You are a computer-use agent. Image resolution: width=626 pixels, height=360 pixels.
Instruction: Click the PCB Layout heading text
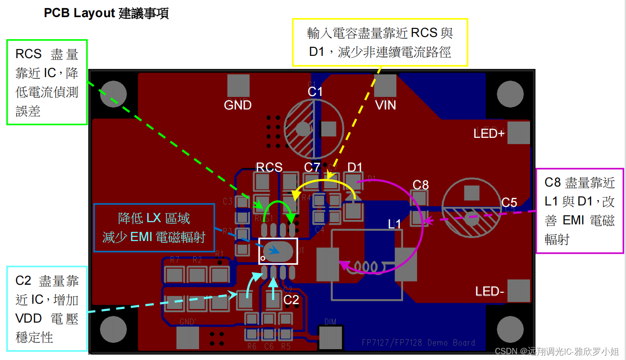pos(106,14)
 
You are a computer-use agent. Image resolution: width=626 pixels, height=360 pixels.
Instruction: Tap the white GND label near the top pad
pos(238,105)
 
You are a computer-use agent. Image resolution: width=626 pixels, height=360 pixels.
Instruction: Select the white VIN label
pos(386,105)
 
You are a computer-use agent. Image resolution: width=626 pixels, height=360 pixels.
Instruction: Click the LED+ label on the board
pos(489,133)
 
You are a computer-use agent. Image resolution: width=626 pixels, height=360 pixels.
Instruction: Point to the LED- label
pos(489,292)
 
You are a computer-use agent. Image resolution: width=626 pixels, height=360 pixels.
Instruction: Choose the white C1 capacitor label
pos(315,92)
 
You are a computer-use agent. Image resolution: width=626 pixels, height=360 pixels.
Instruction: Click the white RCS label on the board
pos(269,167)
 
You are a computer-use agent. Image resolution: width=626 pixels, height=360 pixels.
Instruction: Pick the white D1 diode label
pos(355,167)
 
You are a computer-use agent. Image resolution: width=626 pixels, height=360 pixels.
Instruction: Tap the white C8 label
pos(421,184)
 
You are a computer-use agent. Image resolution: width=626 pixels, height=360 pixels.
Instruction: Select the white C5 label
pos(509,202)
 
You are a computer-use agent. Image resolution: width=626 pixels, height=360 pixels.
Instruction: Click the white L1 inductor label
pos(395,223)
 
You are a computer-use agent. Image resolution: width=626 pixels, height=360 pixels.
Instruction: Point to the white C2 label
pos(291,299)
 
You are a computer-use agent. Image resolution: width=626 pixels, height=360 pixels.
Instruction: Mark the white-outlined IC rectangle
pos(278,251)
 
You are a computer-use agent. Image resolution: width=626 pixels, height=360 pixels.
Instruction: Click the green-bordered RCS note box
pos(47,82)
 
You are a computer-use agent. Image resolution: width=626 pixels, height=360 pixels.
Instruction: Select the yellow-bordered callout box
pos(380,42)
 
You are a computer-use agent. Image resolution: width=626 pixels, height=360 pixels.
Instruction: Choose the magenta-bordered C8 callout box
pos(580,211)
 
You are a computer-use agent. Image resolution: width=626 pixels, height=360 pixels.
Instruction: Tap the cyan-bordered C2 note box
pos(47,309)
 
